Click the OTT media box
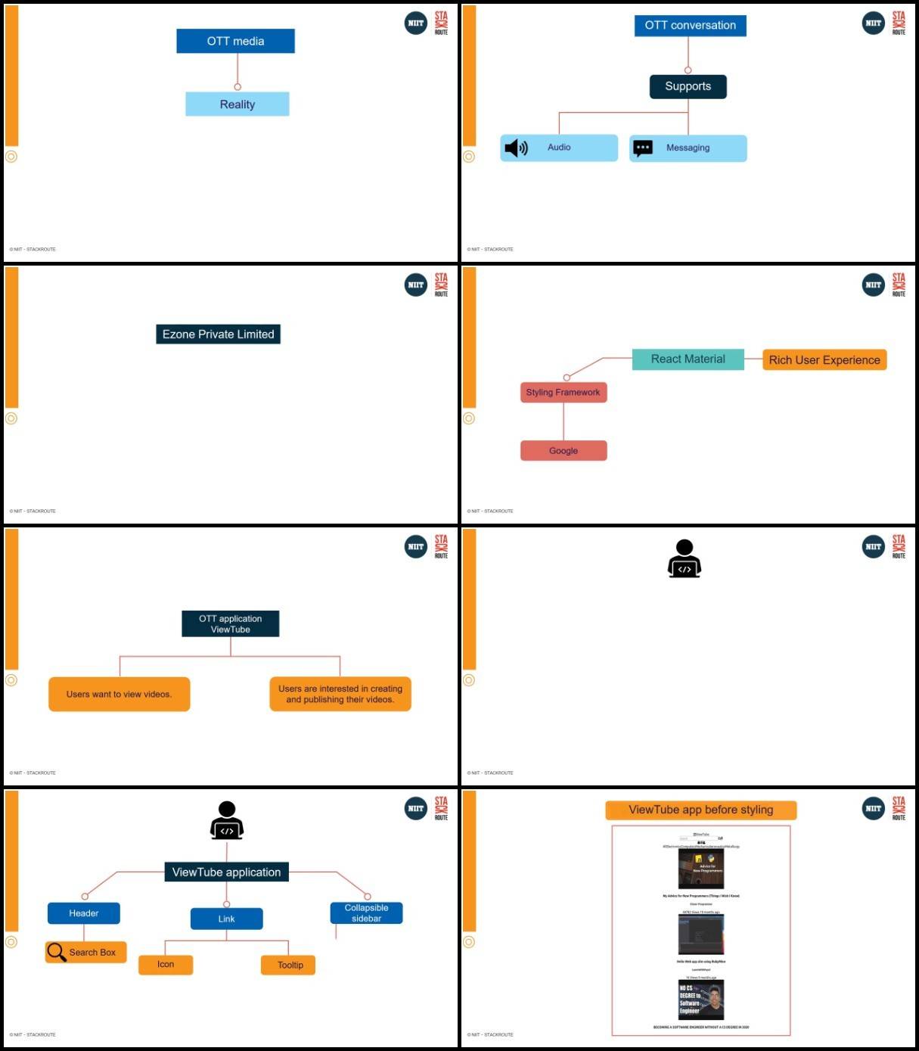(235, 41)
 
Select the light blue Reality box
(237, 104)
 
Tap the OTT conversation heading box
(690, 26)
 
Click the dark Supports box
(688, 86)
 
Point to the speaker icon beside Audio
(516, 148)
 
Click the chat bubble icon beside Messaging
(643, 148)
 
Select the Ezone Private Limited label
(218, 334)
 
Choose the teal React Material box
(688, 359)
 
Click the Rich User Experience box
(824, 360)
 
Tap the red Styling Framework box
(563, 393)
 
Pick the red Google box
(563, 451)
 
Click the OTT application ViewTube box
(230, 623)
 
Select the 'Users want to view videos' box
(119, 694)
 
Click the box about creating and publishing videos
(340, 694)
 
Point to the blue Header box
(83, 913)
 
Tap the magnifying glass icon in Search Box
(57, 951)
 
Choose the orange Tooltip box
(289, 965)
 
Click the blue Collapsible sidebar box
(366, 913)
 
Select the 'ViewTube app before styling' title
(700, 810)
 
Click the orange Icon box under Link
(166, 965)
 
